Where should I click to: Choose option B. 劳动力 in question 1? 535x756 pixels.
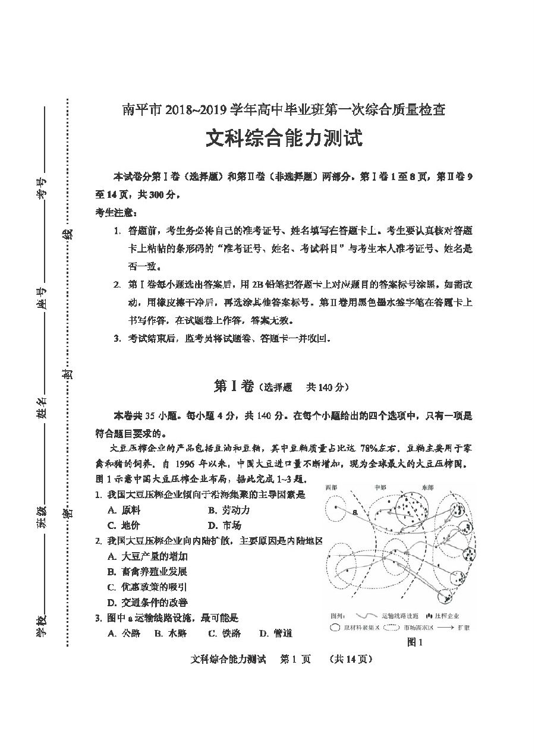click(x=229, y=510)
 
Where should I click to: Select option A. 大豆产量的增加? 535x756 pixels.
click(x=147, y=556)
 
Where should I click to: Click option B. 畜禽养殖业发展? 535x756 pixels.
click(x=147, y=572)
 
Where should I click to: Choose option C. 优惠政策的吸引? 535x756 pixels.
click(x=147, y=587)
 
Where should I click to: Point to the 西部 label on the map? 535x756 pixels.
click(x=332, y=488)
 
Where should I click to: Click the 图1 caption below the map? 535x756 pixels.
click(x=414, y=642)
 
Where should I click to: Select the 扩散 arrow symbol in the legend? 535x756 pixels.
click(x=445, y=627)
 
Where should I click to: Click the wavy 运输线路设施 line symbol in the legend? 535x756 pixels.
click(x=366, y=615)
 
